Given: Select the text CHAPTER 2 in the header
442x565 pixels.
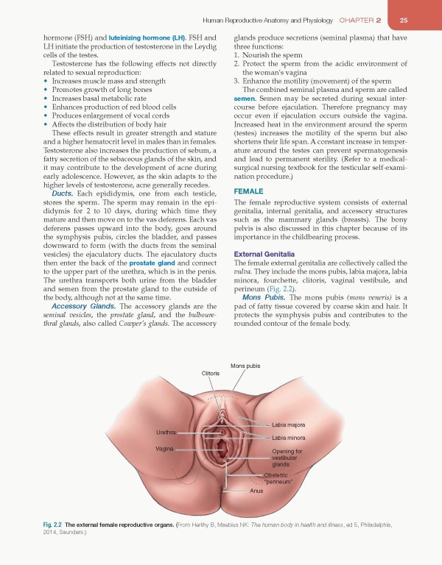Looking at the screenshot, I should pyautogui.click(x=365, y=20).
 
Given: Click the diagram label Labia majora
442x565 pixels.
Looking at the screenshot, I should pyautogui.click(x=289, y=425).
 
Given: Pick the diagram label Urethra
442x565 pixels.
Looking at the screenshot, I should pyautogui.click(x=166, y=432).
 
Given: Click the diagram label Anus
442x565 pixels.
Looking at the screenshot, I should pyautogui.click(x=256, y=490).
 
